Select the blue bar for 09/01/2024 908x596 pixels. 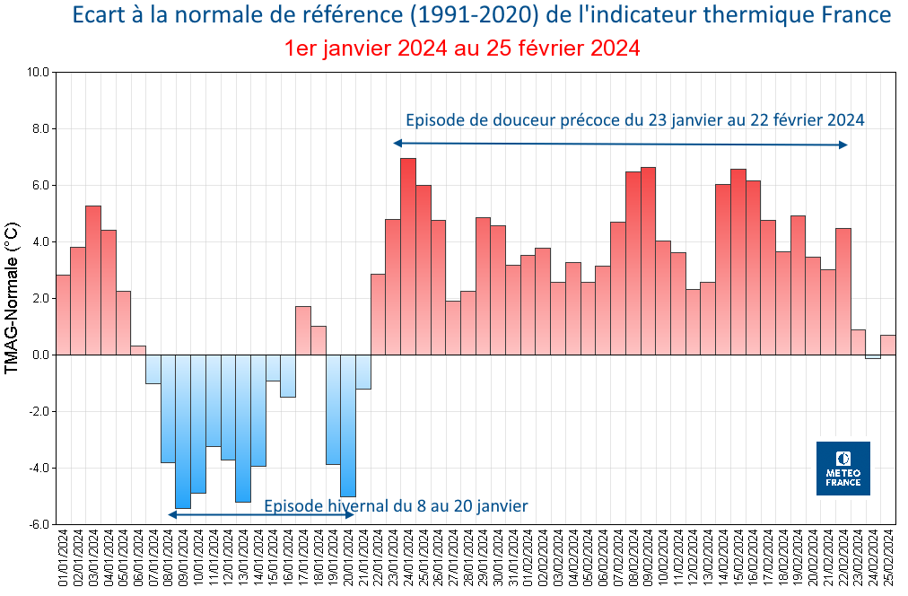[183, 431]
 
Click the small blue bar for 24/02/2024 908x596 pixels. [873, 356]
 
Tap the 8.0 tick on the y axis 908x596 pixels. [38, 128]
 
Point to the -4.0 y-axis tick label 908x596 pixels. [37, 468]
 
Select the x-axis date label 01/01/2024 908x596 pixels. [63, 560]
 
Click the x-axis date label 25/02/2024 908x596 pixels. [888, 560]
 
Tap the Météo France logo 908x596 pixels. [843, 469]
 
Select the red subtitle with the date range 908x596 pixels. [462, 48]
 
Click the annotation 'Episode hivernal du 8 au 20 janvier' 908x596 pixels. [396, 506]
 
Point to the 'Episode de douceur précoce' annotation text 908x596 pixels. [634, 120]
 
